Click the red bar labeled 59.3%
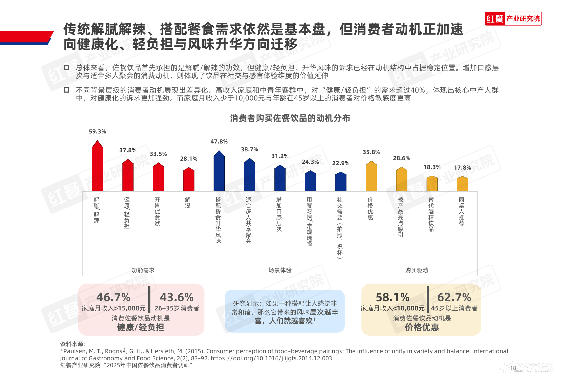[97, 167]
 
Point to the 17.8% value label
[462, 168]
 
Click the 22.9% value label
[341, 163]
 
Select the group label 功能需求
[143, 270]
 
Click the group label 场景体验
[280, 270]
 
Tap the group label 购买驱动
[417, 270]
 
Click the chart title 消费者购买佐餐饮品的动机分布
[290, 118]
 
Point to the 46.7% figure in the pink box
[113, 297]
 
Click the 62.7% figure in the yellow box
[454, 297]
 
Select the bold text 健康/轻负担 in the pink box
[141, 327]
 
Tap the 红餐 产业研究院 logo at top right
[513, 19]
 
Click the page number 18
[513, 368]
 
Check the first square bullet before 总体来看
[66, 68]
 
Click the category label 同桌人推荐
[462, 212]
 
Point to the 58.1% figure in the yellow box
[392, 297]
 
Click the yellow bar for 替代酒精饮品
[432, 184]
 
